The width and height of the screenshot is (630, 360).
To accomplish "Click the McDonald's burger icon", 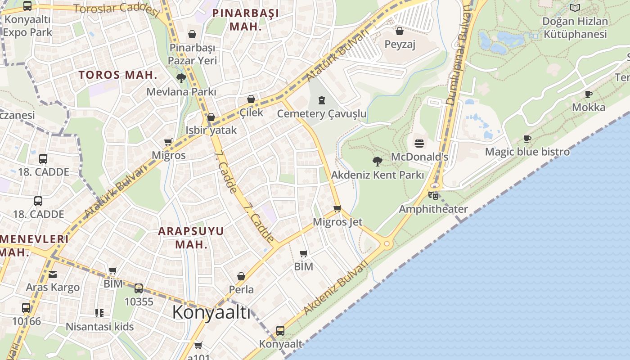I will pyautogui.click(x=419, y=144).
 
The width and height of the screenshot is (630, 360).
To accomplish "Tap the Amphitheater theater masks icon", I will pyautogui.click(x=433, y=195).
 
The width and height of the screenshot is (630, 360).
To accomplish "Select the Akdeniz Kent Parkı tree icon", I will pyautogui.click(x=377, y=161).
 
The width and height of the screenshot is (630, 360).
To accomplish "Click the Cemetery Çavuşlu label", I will pyautogui.click(x=322, y=114).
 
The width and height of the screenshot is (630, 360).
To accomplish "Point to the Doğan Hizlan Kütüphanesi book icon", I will pyautogui.click(x=575, y=8).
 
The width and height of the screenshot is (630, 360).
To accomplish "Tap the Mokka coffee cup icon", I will pyautogui.click(x=588, y=94).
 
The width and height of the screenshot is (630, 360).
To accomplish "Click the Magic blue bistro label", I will pyautogui.click(x=527, y=152).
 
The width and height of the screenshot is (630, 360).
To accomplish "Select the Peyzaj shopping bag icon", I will pyautogui.click(x=399, y=31).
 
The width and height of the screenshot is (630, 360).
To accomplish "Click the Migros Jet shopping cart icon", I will pyautogui.click(x=337, y=208).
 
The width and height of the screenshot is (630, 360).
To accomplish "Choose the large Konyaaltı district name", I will pyautogui.click(x=211, y=312).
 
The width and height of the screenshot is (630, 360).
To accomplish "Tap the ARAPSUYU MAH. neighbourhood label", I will pyautogui.click(x=191, y=238).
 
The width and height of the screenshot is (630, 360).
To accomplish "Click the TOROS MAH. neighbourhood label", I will pyautogui.click(x=118, y=75).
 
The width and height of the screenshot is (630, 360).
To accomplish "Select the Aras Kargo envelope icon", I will pyautogui.click(x=53, y=274).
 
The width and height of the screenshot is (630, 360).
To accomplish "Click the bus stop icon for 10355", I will pyautogui.click(x=139, y=288).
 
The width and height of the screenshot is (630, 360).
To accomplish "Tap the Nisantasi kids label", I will pyautogui.click(x=100, y=327).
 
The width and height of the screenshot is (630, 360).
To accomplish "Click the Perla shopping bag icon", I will pyautogui.click(x=241, y=276).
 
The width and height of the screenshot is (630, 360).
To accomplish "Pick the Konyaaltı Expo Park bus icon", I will pyautogui.click(x=27, y=6).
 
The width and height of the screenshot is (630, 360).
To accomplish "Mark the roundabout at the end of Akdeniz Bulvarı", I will pyautogui.click(x=386, y=243).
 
